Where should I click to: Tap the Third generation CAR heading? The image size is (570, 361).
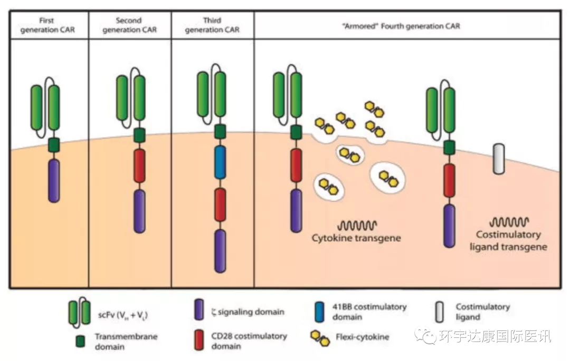point(212,25)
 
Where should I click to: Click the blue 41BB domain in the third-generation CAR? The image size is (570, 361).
point(221,162)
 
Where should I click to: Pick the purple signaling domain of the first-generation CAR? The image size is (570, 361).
point(53,181)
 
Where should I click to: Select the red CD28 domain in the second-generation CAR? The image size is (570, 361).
point(139,166)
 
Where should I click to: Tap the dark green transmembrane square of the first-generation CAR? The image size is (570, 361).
point(53,144)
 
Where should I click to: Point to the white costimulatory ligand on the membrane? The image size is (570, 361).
point(499,159)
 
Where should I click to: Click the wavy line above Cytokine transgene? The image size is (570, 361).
point(356,225)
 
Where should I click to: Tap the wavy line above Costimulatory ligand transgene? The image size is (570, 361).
point(509,222)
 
